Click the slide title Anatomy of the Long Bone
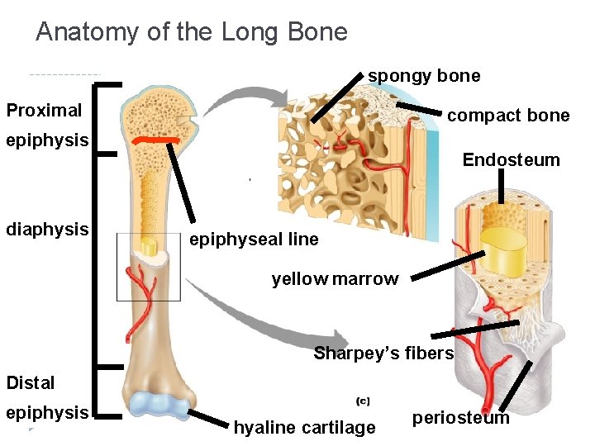point(192,32)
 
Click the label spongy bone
point(424,76)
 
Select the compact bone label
point(508,116)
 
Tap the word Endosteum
point(511,159)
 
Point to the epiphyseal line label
point(254,240)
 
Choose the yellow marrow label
point(335,279)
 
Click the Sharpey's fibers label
point(383,353)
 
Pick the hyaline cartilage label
point(304,428)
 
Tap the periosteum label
point(461,418)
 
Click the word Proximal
point(44,110)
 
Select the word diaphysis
point(47,229)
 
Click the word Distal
point(31,382)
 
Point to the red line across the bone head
point(157,141)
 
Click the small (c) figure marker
point(362,401)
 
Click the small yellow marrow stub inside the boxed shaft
point(150,247)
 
